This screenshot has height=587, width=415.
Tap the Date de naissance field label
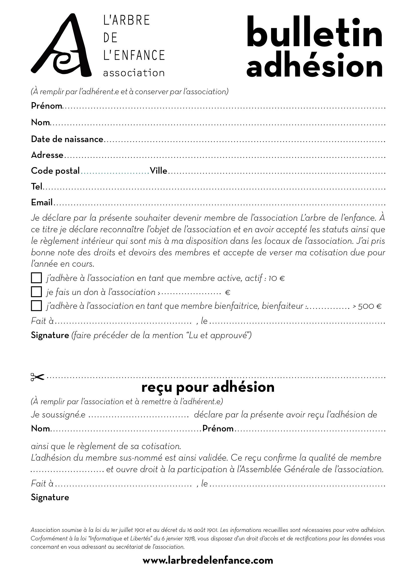[x=67, y=139]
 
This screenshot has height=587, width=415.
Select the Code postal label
[x=55, y=171]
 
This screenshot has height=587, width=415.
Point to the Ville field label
[x=158, y=171]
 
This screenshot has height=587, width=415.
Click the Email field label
[x=42, y=203]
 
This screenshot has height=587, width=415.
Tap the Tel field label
[x=37, y=187]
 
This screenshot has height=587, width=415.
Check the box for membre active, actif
[x=36, y=278]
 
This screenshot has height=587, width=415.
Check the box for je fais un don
[x=36, y=292]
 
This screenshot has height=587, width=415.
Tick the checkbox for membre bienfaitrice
[x=36, y=306]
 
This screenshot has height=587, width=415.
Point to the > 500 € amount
[x=367, y=306]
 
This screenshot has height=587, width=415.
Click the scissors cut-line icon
[x=37, y=377]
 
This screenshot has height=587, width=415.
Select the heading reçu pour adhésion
[x=208, y=387]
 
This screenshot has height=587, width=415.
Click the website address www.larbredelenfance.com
[x=208, y=560]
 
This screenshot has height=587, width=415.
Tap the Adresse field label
[x=47, y=155]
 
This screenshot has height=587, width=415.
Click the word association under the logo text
[x=134, y=73]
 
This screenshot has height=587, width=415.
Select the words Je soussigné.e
[x=58, y=415]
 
